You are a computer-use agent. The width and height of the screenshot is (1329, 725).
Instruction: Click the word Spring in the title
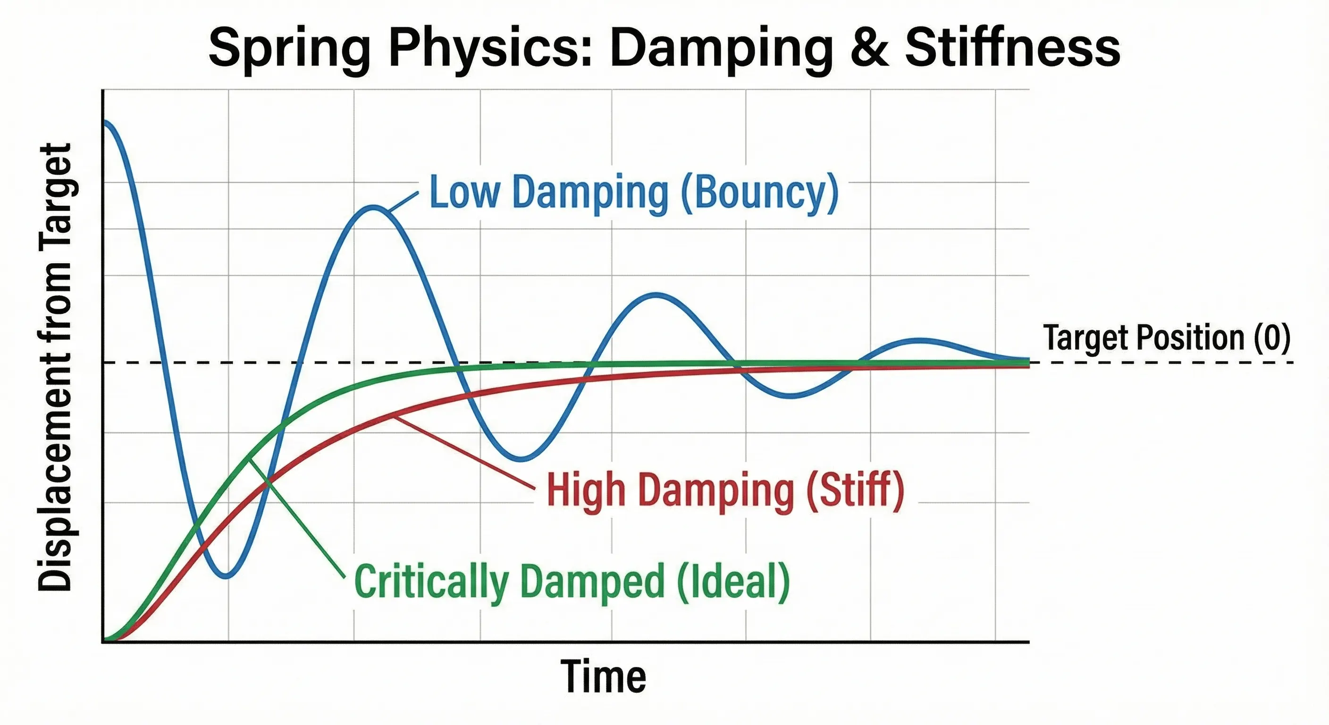[x=289, y=49]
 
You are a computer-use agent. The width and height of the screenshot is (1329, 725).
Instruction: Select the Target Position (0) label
[x=1166, y=338]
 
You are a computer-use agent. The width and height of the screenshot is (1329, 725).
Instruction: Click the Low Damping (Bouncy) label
[x=633, y=193]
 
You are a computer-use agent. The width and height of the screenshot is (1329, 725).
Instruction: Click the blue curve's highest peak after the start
[x=373, y=207]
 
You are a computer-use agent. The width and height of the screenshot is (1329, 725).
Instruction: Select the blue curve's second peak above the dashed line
[x=656, y=295]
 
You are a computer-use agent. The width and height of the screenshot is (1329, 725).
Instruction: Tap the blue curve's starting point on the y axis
[x=105, y=122]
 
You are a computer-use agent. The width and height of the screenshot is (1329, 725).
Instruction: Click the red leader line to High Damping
[x=464, y=452]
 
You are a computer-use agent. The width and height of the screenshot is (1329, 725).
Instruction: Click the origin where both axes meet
[x=103, y=641]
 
